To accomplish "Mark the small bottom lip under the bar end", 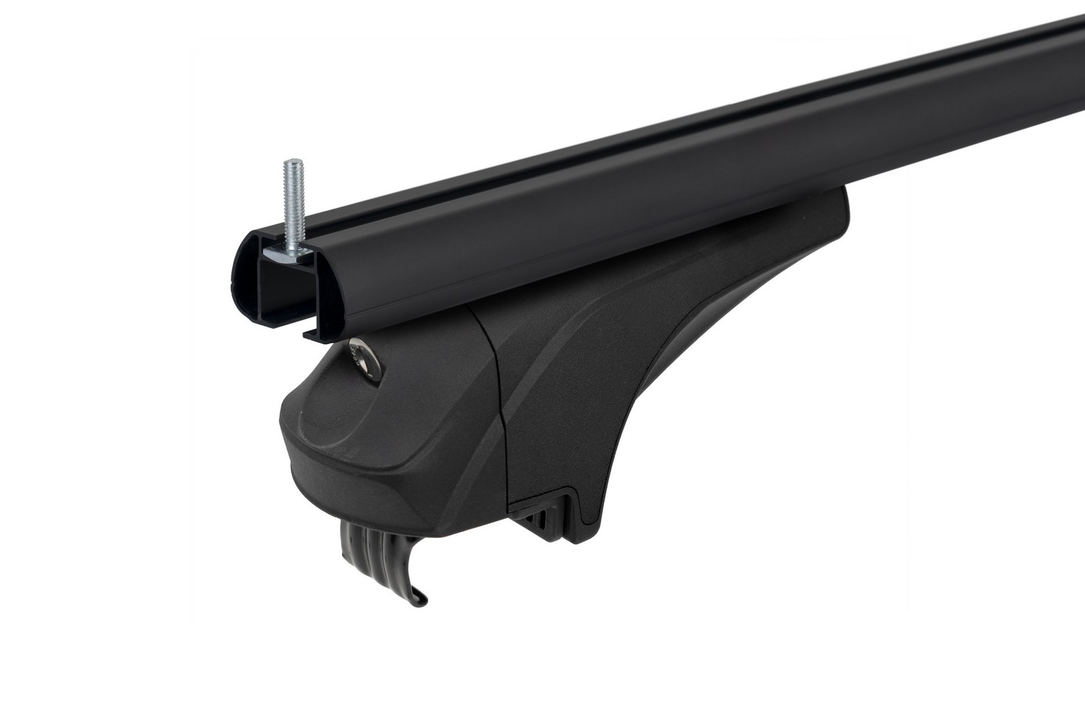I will pyautogui.click(x=316, y=333).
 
